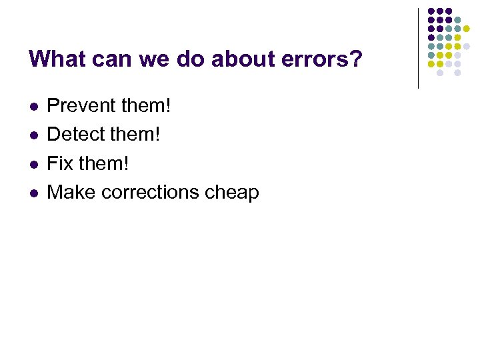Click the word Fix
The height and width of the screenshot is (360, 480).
click(60, 163)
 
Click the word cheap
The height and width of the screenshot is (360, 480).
click(233, 193)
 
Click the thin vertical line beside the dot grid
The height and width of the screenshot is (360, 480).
click(418, 48)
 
